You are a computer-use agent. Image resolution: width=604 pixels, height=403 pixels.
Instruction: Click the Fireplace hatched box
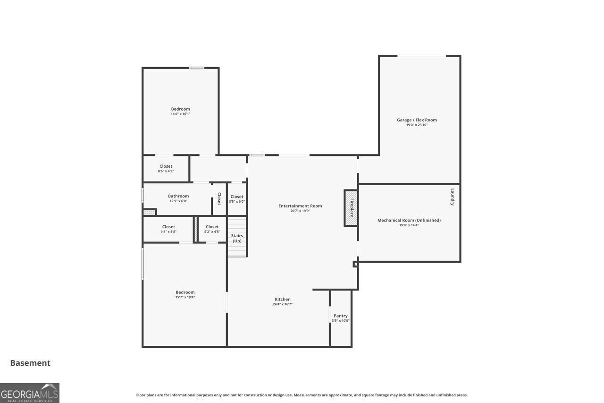pos(351,208)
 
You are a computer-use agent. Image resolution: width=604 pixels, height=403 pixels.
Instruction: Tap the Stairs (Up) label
pos(237,238)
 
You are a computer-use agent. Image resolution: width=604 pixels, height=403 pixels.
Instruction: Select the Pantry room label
pos(340,316)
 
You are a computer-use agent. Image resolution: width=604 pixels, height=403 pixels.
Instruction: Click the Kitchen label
pos(283,299)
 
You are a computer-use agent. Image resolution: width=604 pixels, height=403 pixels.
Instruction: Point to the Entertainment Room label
pos(300,206)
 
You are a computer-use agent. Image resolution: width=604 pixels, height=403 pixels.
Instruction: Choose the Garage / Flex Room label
pos(417,120)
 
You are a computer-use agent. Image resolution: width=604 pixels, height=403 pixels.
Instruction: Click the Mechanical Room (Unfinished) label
pos(409,220)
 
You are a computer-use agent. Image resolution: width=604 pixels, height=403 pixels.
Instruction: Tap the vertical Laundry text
pos(452,197)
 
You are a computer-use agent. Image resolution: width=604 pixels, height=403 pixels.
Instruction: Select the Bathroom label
pos(178,196)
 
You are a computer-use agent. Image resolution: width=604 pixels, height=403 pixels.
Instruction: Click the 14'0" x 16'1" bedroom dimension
pos(180,114)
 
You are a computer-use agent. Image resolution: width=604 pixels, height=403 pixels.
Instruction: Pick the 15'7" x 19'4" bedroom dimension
pos(185,297)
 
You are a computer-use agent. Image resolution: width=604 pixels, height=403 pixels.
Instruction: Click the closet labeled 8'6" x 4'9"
pos(166,168)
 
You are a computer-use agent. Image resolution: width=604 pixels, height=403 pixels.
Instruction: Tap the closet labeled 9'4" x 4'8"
pos(168,229)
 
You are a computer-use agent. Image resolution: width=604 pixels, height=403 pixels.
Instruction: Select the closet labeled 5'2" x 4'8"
pos(212,229)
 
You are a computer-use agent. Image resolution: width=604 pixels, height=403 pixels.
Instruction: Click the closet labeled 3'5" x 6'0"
pos(237,199)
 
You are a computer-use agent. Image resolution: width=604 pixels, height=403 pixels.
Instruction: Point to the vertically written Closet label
pos(219,198)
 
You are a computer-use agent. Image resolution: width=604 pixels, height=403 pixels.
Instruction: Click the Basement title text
pos(30,363)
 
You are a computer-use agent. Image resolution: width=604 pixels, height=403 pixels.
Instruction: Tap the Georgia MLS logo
pos(30,393)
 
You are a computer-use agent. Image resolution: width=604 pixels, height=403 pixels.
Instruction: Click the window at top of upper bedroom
pos(197,68)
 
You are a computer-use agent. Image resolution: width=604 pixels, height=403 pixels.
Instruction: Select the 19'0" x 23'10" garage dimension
pos(417,125)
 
